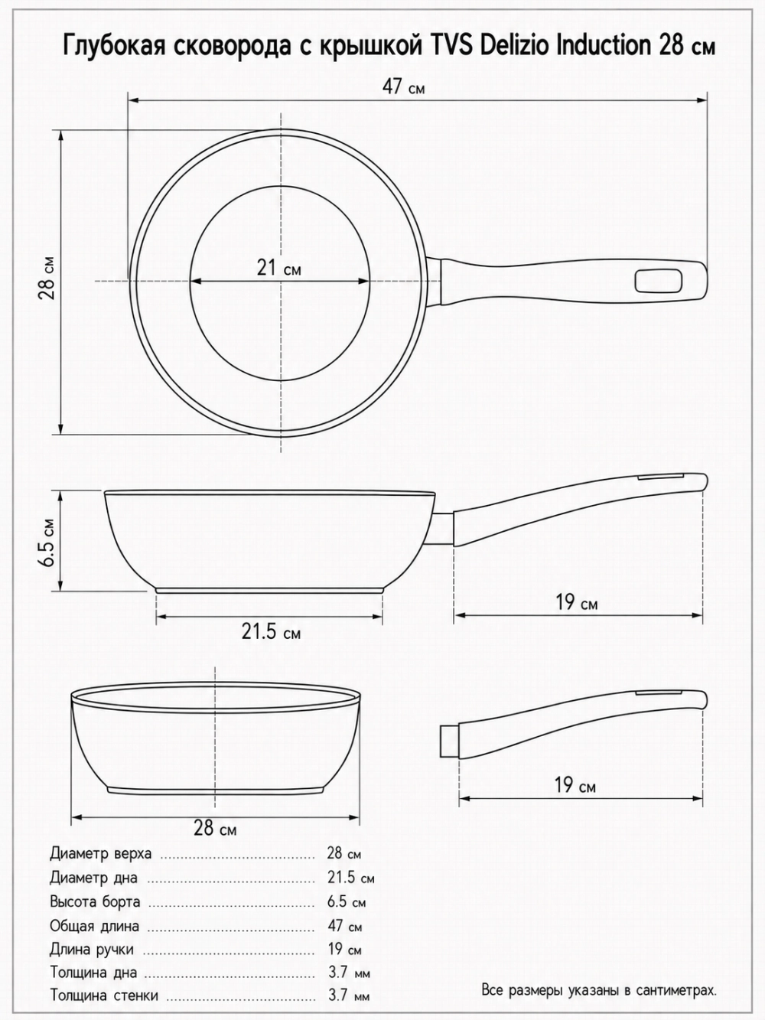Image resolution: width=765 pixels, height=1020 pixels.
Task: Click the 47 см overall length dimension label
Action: tap(403, 86)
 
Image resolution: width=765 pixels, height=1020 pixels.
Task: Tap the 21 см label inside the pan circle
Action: tap(278, 268)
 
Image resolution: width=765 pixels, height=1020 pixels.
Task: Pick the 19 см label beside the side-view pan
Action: tap(577, 603)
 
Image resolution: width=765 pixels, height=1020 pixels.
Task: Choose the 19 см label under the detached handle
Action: tap(575, 785)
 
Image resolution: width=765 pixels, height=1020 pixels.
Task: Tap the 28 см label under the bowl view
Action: tap(215, 827)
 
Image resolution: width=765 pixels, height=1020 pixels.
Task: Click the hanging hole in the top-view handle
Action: tap(659, 281)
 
